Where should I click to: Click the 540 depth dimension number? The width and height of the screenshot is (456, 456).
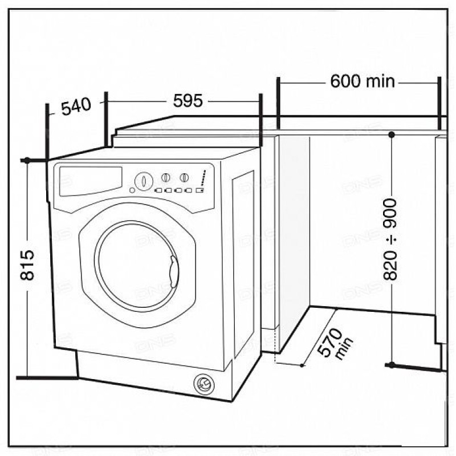pyautogui.click(x=76, y=106)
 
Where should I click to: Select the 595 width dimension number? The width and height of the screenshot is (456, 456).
pyautogui.click(x=188, y=101)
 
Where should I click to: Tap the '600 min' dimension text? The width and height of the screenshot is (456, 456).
pyautogui.click(x=363, y=81)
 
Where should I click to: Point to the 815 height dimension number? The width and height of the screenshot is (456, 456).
pyautogui.click(x=27, y=264)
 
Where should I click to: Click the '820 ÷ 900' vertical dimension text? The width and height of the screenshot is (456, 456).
pyautogui.click(x=390, y=239)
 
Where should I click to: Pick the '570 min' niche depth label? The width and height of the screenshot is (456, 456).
pyautogui.click(x=335, y=344)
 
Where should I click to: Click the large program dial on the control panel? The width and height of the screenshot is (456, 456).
pyautogui.click(x=144, y=181)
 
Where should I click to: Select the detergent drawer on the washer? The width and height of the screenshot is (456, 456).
pyautogui.click(x=91, y=181)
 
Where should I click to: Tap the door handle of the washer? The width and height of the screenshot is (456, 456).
pyautogui.click(x=174, y=272)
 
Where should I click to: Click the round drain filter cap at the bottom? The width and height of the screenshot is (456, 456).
pyautogui.click(x=204, y=384)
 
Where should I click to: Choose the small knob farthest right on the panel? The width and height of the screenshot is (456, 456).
pyautogui.click(x=184, y=177)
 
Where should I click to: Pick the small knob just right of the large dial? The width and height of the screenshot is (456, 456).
pyautogui.click(x=165, y=177)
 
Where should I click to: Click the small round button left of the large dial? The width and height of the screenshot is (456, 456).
pyautogui.click(x=132, y=190)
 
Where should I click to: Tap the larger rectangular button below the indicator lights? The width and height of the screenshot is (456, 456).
pyautogui.click(x=199, y=190)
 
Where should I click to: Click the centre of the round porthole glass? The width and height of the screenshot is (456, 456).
pyautogui.click(x=137, y=266)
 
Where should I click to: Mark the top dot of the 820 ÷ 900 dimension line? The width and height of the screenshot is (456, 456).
pyautogui.click(x=392, y=135)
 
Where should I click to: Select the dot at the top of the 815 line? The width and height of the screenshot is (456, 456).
pyautogui.click(x=27, y=160)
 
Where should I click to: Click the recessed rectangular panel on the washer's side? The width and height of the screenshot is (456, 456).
pyautogui.click(x=243, y=264)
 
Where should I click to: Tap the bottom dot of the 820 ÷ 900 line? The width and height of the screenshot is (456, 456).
pyautogui.click(x=392, y=365)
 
